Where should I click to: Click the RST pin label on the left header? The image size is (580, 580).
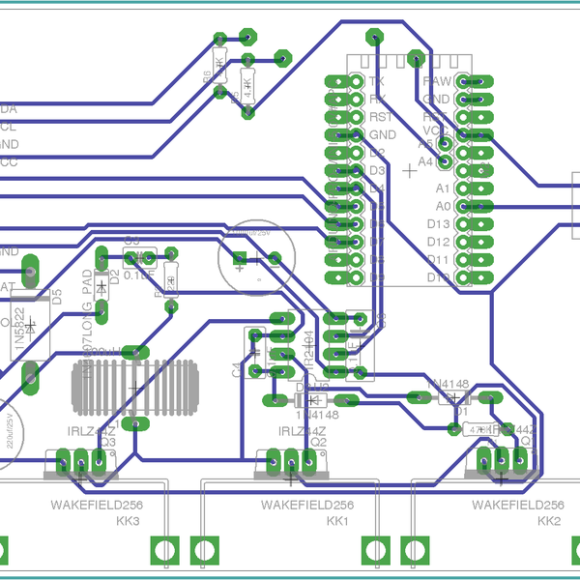coord(380,116)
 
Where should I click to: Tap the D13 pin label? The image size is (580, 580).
coord(438,224)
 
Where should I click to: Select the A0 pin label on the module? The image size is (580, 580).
coord(443,206)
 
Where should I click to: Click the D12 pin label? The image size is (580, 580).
coord(438,242)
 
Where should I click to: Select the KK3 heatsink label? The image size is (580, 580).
coord(128,522)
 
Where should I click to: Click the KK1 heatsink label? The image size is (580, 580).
coord(337,522)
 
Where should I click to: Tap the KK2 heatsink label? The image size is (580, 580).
coord(548,522)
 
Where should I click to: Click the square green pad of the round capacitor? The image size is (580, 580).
coord(241,258)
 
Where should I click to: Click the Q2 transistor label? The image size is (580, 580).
coord(319,443)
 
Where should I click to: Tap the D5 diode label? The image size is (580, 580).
coord(56,296)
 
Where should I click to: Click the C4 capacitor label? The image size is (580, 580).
coord(236,369)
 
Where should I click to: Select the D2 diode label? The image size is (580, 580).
coord(114,277)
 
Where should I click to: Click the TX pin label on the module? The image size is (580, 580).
coord(377,81)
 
